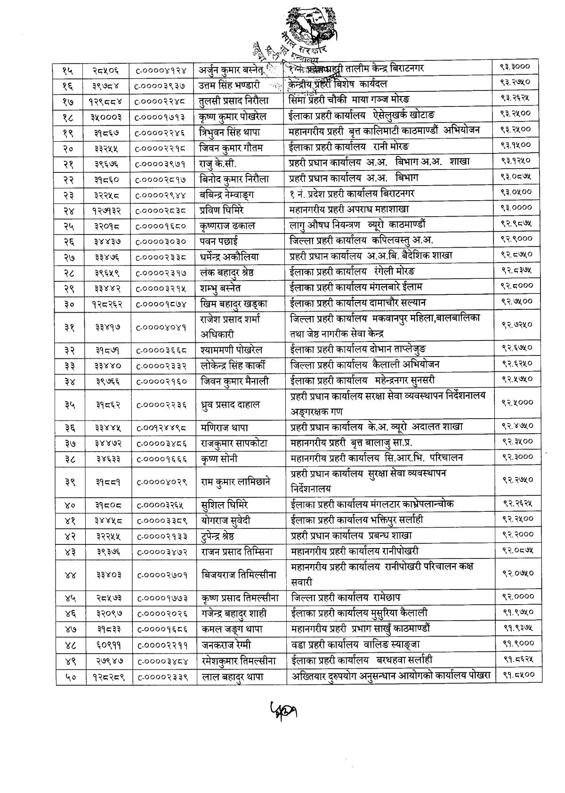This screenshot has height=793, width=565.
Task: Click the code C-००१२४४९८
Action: pyautogui.click(x=162, y=427)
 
